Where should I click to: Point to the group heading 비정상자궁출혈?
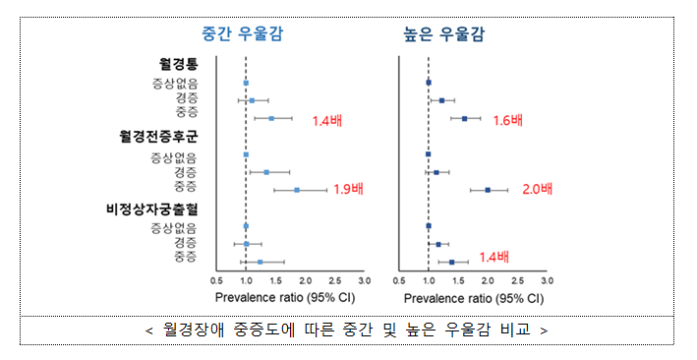[150, 208]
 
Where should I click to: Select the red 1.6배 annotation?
[507, 120]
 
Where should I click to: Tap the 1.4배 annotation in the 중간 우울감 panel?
[328, 121]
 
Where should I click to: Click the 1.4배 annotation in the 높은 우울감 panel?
[494, 258]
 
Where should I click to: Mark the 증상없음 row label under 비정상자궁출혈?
[173, 227]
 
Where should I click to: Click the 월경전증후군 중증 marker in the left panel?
[297, 190]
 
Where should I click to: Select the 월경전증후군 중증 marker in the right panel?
[488, 190]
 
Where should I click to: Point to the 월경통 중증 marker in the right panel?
[465, 118]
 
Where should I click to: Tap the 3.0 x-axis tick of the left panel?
[365, 279]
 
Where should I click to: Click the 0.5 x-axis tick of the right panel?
[399, 279]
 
